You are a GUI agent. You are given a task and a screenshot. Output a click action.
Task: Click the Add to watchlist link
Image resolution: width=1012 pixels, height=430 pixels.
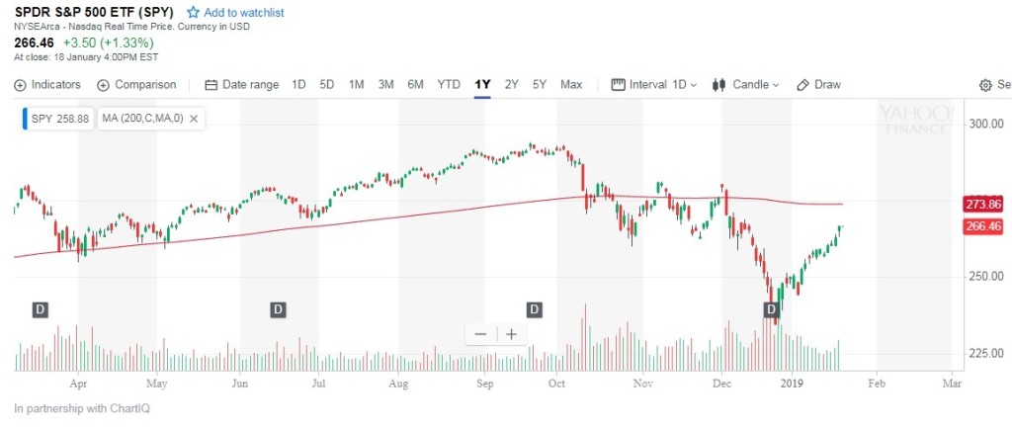242,12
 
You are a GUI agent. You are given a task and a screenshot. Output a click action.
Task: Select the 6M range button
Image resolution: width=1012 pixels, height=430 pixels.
415,84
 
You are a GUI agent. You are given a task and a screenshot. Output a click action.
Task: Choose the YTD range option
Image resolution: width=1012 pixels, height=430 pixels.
449,84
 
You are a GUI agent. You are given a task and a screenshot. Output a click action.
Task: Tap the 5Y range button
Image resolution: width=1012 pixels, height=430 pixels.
539,84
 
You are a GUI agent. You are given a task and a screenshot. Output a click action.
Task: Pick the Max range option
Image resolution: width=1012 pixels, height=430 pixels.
571,84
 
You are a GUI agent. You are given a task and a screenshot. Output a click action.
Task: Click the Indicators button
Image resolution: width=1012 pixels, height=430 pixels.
47,84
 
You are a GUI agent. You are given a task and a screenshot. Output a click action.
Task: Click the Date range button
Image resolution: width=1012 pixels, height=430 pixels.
242,84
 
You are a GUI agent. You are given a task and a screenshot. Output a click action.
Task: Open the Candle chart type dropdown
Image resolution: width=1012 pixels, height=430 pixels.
746,84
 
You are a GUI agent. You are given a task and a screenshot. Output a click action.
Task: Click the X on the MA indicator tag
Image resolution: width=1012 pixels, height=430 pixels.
194,119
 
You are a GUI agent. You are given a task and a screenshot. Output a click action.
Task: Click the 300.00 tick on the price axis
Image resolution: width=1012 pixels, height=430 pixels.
985,124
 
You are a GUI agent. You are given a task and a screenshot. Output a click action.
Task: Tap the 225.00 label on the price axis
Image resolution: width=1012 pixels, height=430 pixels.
985,353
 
